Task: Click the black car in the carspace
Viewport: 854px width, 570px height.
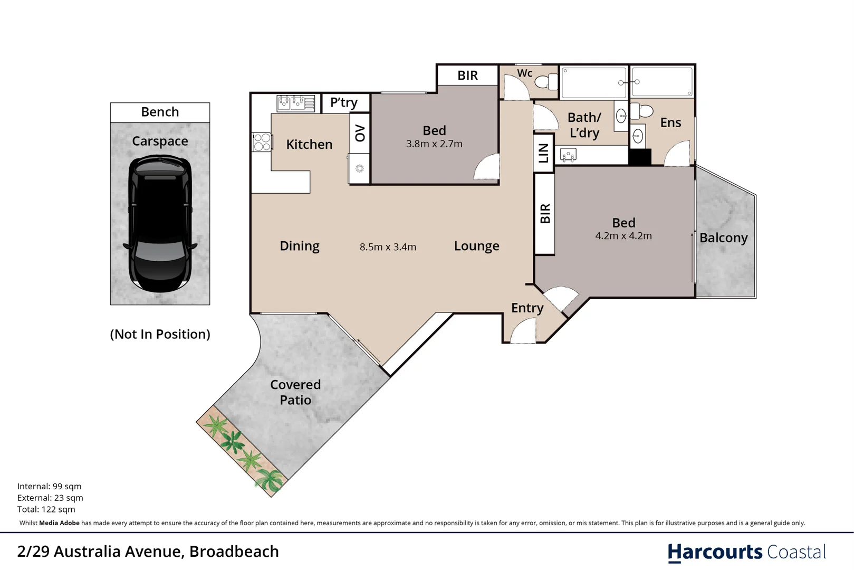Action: pos(160,223)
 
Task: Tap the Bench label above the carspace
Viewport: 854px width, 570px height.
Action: pos(160,112)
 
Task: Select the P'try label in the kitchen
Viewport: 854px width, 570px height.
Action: pos(343,102)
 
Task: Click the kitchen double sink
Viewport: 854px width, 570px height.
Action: pos(296,102)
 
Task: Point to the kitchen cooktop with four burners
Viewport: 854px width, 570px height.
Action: pos(262,142)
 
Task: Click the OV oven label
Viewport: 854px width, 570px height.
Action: pos(360,133)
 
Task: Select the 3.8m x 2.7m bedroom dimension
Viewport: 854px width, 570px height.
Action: pos(434,144)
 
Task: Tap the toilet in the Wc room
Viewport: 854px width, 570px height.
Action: pos(546,82)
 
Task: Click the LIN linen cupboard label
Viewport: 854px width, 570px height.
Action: pos(543,153)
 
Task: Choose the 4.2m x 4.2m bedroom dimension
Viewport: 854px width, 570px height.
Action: pos(623,236)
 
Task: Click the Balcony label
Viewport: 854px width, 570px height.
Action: pos(723,238)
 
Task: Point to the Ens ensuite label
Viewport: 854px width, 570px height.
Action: pos(670,122)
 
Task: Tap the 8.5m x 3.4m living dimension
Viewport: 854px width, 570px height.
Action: pos(388,247)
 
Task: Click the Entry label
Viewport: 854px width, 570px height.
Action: pos(527,308)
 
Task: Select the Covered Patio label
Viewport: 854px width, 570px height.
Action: pos(295,392)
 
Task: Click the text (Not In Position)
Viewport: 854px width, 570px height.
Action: pos(160,334)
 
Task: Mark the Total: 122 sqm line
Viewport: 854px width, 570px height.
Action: pos(46,509)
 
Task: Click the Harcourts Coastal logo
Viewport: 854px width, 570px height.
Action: pos(746,552)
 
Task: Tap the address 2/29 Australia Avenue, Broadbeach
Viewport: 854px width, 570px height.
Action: pos(148,552)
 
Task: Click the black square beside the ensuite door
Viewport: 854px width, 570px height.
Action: pos(640,157)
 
